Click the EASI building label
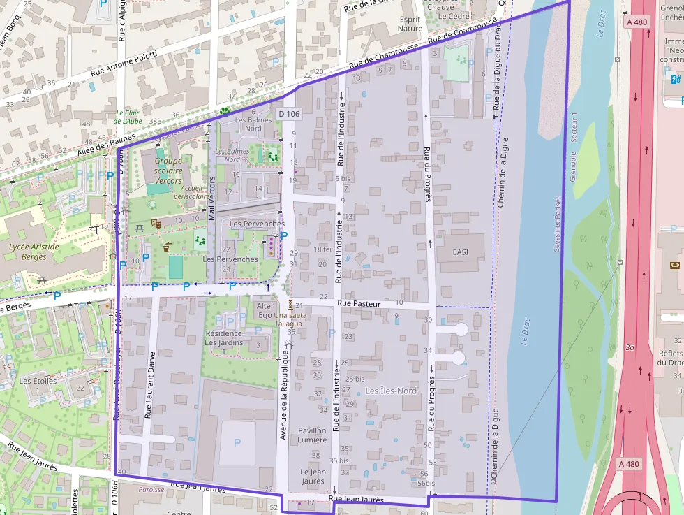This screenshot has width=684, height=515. tap(460, 252)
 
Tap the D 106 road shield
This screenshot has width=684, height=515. tap(289, 113)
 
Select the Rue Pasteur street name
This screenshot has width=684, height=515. tap(359, 303)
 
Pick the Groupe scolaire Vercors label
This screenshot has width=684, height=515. tap(168, 171)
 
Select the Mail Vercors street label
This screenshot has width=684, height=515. tap(212, 198)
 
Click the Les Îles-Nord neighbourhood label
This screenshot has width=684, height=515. tap(391, 391)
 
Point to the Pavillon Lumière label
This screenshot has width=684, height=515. tap(312, 435)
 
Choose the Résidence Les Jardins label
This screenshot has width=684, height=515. tap(223, 338)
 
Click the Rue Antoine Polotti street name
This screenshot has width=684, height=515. tap(124, 64)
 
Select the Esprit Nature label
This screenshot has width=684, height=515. tap(410, 24)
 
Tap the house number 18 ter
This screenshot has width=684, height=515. tap(322, 249)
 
